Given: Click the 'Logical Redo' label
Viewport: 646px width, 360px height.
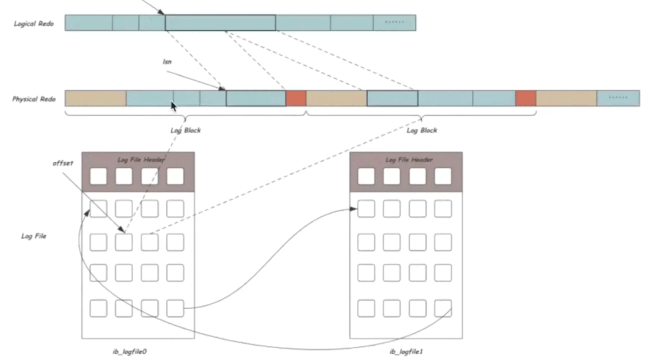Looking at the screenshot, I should coord(34,24).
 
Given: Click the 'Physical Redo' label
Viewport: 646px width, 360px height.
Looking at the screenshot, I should coord(34,99).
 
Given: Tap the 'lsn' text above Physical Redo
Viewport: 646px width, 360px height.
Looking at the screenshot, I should coord(167,61).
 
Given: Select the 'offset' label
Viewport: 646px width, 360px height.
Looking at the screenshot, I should coord(63,163).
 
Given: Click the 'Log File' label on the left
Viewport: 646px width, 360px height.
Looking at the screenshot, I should coord(34,236).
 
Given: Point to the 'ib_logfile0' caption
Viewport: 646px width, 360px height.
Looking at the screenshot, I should coord(130,351).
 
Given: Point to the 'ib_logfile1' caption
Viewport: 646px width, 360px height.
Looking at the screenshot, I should coord(406,351).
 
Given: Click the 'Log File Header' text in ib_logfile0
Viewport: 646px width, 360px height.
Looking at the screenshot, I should coord(141,160).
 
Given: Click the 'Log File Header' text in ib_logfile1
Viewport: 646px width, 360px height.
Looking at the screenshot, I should coord(409,160).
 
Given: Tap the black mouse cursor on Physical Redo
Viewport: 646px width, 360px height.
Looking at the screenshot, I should coord(174,106).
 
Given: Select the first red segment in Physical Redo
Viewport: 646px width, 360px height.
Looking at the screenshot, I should coord(296,98).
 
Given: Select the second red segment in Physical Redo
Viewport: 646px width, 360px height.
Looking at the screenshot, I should coord(525,98).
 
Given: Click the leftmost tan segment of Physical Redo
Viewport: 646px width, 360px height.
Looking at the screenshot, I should coord(95,98).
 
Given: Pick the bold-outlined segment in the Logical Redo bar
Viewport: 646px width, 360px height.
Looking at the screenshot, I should coord(220,23).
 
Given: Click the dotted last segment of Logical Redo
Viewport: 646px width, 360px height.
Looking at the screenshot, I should coord(394,23).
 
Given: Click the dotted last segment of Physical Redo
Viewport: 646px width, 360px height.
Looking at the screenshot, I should coord(618,98).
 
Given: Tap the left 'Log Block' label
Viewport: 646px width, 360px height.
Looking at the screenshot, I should coord(185,131).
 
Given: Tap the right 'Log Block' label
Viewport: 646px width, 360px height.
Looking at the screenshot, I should coord(422,131).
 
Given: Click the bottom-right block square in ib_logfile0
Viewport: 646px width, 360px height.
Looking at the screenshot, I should coord(175,308).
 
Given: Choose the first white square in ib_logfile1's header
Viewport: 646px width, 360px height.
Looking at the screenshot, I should coord(366,176).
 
